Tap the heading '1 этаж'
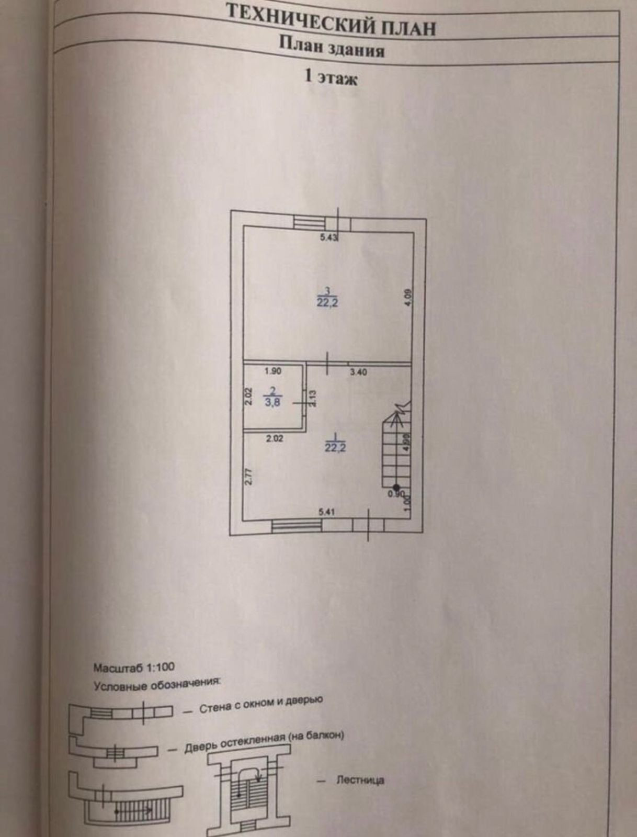pyautogui.click(x=331, y=78)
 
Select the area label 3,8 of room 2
pyautogui.click(x=272, y=403)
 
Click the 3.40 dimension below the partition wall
pyautogui.click(x=358, y=372)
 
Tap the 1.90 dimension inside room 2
pyautogui.click(x=273, y=371)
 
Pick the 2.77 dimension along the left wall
pyautogui.click(x=249, y=477)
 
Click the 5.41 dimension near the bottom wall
pyautogui.click(x=326, y=512)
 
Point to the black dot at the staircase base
pyautogui.click(x=396, y=487)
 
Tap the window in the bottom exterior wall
pyautogui.click(x=297, y=525)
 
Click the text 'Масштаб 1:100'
pyautogui.click(x=134, y=668)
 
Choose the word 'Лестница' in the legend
pyautogui.click(x=360, y=780)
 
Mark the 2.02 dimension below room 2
pyautogui.click(x=274, y=439)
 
